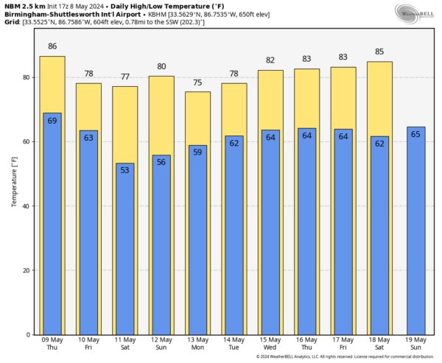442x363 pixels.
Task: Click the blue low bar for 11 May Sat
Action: (124, 250)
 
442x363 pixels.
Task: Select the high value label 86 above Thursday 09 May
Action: (52, 46)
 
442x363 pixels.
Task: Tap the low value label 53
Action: (124, 170)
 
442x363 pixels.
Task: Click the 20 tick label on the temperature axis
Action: (25, 270)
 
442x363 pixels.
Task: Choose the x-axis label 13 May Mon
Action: (197, 344)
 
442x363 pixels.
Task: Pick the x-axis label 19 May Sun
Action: (415, 344)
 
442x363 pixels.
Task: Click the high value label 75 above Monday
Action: (197, 82)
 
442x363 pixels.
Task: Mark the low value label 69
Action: (52, 120)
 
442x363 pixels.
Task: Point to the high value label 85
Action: (379, 52)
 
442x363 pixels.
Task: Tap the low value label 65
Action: (415, 134)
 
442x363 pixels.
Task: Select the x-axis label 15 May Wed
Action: (270, 344)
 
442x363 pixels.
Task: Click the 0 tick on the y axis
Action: (27, 335)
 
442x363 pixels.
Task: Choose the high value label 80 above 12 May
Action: (161, 66)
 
